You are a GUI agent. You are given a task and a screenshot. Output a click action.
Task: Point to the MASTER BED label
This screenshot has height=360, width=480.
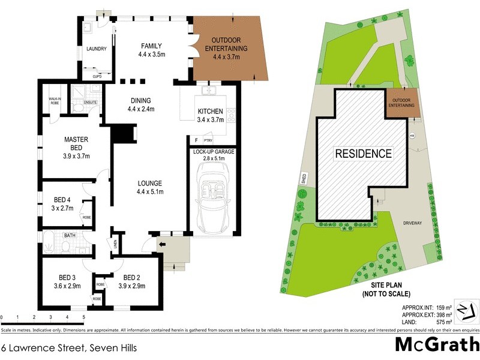(x=76, y=144)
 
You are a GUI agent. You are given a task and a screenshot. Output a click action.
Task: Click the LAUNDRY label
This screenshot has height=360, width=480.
(x=97, y=49)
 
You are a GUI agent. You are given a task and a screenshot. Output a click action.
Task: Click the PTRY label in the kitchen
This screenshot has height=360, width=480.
(x=208, y=140)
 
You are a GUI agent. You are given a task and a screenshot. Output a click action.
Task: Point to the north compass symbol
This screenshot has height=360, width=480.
(x=466, y=310)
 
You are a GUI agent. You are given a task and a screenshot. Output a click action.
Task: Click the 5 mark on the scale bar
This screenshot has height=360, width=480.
(x=83, y=316)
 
